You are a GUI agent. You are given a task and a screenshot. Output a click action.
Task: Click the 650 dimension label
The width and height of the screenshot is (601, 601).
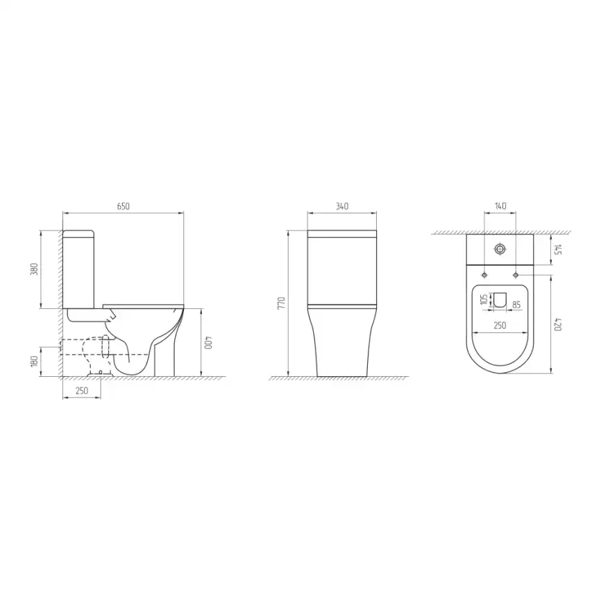[123, 206]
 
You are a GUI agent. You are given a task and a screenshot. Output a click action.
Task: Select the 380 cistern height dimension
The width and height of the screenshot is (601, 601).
[34, 269]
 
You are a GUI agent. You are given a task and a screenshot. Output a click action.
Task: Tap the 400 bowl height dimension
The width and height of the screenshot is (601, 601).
[208, 343]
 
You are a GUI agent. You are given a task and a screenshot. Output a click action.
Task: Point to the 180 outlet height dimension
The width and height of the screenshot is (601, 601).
[34, 362]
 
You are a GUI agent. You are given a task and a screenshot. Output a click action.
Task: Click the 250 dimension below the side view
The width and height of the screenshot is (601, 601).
[82, 391]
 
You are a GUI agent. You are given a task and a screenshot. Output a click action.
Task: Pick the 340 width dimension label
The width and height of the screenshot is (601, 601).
[342, 206]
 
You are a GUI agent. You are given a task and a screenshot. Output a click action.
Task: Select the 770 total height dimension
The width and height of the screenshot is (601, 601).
[282, 303]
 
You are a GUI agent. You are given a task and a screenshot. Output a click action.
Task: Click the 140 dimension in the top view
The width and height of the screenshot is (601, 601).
[500, 206]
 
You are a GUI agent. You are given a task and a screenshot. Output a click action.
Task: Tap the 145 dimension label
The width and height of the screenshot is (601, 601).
[558, 250]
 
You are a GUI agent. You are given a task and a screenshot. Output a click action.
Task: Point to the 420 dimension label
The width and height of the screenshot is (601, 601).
[558, 324]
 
